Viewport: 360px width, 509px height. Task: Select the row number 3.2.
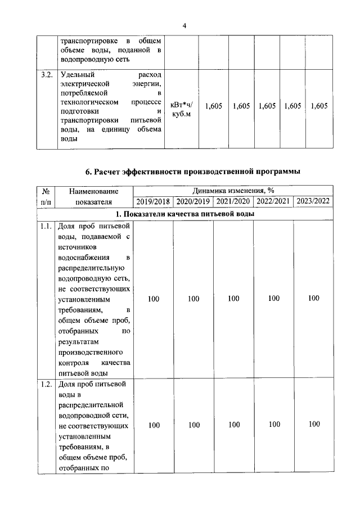(47, 74)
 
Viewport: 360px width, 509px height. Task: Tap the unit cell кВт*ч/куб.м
(181, 106)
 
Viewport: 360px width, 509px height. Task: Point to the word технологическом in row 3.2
(89, 102)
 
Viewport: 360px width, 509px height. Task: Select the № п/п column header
(46, 196)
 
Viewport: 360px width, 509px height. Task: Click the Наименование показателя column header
(94, 196)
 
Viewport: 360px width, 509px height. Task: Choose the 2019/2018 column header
(153, 201)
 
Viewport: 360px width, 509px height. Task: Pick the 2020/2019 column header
(193, 201)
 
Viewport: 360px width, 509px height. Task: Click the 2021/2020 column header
(233, 201)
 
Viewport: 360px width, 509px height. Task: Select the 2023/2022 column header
(313, 201)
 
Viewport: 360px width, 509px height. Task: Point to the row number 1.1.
(47, 227)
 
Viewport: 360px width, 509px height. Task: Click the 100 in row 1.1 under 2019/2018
(154, 299)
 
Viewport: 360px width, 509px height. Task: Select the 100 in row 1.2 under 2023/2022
(314, 425)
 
